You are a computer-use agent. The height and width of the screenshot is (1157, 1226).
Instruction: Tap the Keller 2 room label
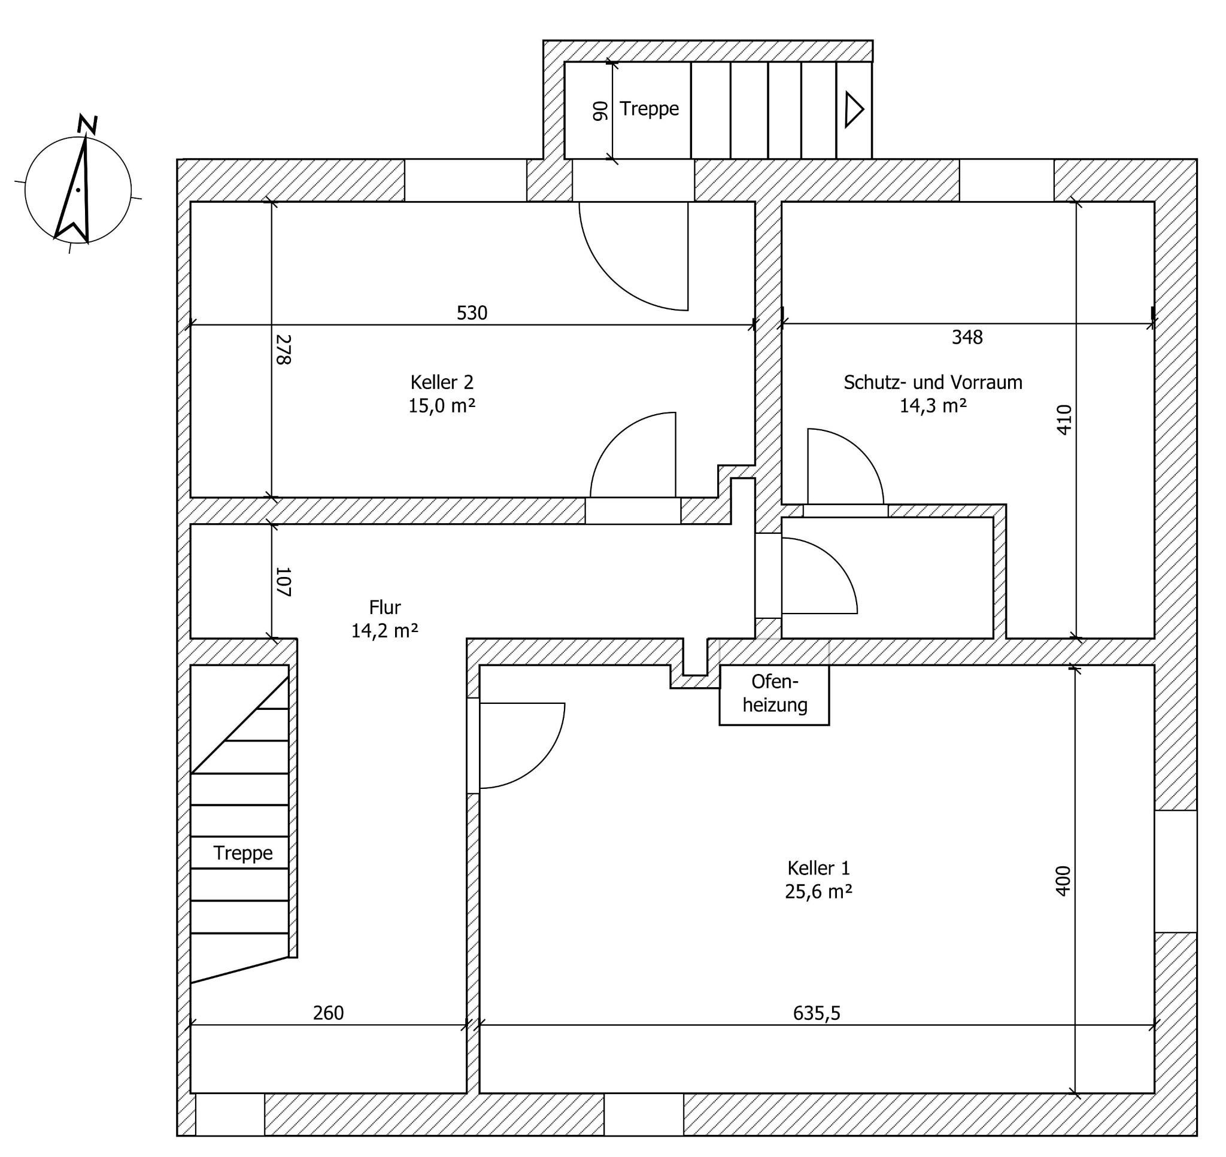442,382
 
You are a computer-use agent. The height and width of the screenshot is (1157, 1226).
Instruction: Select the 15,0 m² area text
442,406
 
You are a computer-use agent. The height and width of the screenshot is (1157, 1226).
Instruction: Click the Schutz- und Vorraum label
933,382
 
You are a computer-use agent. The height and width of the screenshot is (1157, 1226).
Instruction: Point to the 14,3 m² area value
933,406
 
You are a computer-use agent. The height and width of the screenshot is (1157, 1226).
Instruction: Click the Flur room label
385,608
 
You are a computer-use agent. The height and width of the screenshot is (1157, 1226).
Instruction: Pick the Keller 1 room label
818,868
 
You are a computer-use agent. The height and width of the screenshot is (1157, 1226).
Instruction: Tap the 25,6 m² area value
818,892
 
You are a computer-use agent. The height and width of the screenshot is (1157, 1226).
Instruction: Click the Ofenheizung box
774,694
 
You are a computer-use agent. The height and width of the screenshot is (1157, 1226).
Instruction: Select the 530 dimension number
472,313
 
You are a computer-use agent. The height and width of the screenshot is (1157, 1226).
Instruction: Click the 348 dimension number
967,337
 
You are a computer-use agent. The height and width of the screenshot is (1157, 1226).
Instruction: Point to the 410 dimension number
1064,420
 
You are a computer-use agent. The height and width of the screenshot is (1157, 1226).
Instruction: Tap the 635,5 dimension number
817,1013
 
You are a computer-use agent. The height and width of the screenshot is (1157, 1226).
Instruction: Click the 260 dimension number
328,1013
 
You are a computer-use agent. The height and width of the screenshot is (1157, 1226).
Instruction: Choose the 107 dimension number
283,582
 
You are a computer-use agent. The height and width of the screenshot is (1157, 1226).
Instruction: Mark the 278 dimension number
283,349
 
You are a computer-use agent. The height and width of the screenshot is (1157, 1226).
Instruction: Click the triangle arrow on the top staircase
854,109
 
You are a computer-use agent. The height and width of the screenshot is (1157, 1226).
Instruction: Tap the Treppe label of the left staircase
243,853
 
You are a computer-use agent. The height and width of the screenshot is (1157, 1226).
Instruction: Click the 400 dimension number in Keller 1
1064,880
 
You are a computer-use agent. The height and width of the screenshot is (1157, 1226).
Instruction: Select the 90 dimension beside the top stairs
600,110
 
